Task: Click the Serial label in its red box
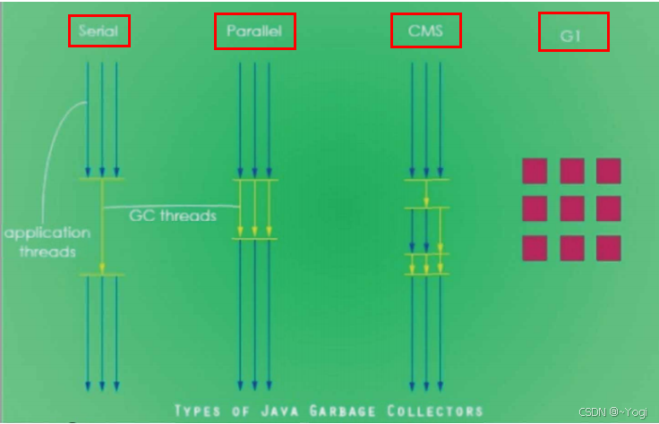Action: [x=99, y=31]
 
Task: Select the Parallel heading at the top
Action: [x=254, y=32]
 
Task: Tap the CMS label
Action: [x=426, y=30]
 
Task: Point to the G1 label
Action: [x=573, y=32]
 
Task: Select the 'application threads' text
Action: [x=47, y=242]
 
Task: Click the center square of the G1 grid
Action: [x=572, y=208]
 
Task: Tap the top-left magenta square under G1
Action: [x=535, y=170]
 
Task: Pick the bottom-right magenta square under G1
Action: [x=609, y=248]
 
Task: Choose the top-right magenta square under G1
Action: [x=609, y=170]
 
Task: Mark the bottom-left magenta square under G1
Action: [x=535, y=248]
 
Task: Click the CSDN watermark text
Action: [x=612, y=412]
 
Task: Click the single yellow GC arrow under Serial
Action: [x=102, y=227]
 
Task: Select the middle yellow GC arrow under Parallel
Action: [x=255, y=209]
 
